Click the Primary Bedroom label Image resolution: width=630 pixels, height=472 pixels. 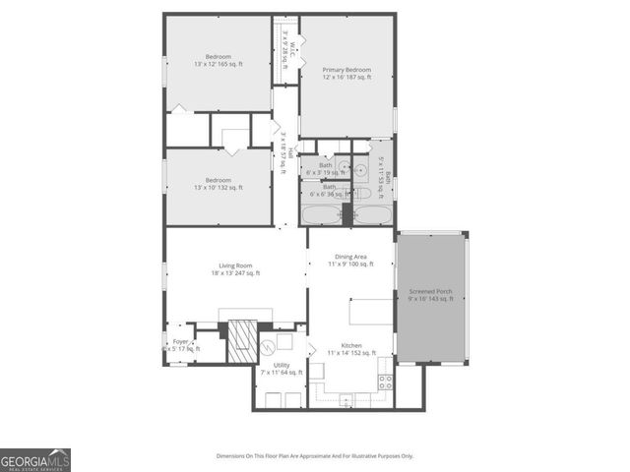coord(347,70)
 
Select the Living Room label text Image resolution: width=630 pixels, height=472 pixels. coord(236,265)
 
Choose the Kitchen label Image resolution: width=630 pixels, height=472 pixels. coord(352,345)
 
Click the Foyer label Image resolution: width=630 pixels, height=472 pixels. coord(180,341)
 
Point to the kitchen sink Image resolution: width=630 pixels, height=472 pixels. coord(346,399)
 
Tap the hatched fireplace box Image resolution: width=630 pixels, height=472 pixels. coord(241,339)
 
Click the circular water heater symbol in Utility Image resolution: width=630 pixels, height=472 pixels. coord(265,347)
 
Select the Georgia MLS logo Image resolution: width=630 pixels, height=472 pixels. coord(35,460)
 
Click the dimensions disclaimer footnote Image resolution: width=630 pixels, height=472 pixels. coord(315,456)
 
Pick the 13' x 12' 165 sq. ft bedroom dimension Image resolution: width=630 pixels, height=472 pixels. coord(219,65)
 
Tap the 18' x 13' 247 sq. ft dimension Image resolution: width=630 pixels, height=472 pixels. coord(236,273)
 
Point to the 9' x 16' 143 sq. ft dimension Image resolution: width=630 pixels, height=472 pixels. coord(431,299)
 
